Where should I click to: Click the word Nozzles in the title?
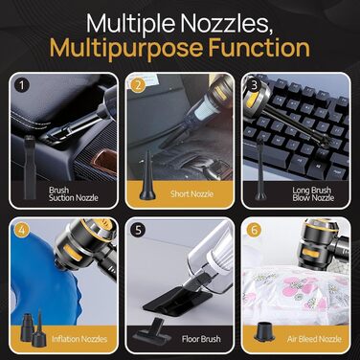pyautogui.click(x=224, y=23)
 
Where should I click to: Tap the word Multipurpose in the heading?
pyautogui.click(x=126, y=48)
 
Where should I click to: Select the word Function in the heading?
pyautogui.click(x=259, y=48)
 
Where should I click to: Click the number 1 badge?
pyautogui.click(x=22, y=85)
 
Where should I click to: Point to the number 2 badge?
pyautogui.click(x=138, y=85)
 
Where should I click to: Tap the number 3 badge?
pyautogui.click(x=255, y=85)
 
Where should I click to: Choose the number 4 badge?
pyautogui.click(x=22, y=230)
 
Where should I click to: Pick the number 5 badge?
pyautogui.click(x=138, y=230)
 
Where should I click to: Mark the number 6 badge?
pyautogui.click(x=255, y=230)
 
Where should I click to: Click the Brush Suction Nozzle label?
pyautogui.click(x=74, y=194)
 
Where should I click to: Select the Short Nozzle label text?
pyautogui.click(x=191, y=193)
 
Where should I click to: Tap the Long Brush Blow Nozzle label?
pyautogui.click(x=313, y=194)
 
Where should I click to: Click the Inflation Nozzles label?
pyautogui.click(x=79, y=339)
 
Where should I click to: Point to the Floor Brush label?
pyautogui.click(x=201, y=339)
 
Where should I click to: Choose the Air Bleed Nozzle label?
pyautogui.click(x=314, y=339)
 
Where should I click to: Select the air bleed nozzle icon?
pyautogui.click(x=264, y=332)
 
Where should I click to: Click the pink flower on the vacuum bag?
pyautogui.click(x=296, y=283)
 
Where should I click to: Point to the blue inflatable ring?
pyautogui.click(x=35, y=268)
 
